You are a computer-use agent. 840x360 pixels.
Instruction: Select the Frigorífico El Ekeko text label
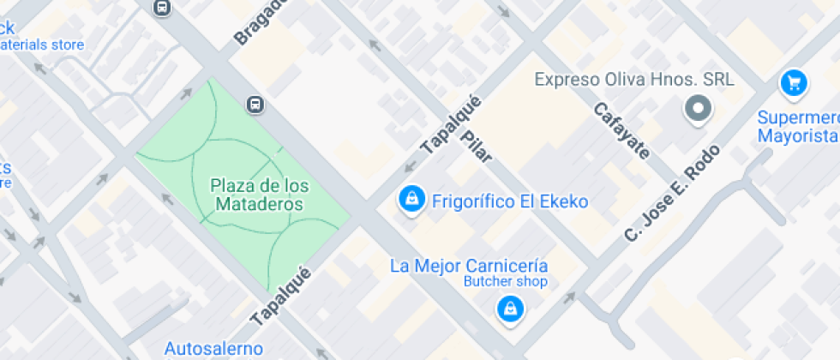[511, 202]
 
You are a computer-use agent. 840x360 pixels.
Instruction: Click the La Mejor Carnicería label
[469, 266]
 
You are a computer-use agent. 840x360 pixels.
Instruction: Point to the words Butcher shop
[506, 282]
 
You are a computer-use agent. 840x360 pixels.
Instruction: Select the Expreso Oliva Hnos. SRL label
[633, 80]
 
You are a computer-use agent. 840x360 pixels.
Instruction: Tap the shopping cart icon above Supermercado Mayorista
[794, 83]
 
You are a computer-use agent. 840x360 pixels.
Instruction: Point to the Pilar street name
[477, 147]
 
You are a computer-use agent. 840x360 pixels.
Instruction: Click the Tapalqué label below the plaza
[280, 296]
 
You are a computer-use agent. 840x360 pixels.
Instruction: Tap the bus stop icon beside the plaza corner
[255, 105]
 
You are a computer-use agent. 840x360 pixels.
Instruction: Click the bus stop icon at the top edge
[161, 8]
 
